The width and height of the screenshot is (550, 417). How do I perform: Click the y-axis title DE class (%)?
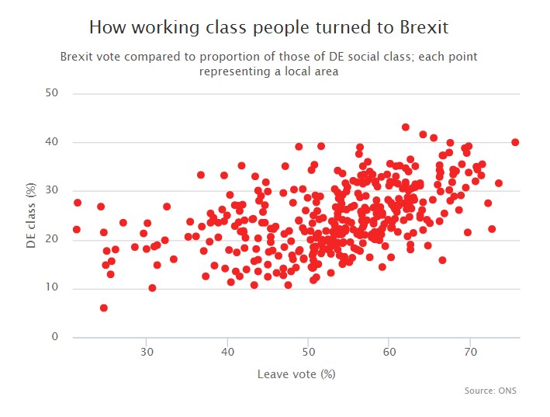[x=33, y=216]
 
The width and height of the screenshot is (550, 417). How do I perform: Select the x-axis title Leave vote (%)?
[x=296, y=374]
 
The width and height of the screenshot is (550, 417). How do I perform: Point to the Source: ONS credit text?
[x=490, y=391]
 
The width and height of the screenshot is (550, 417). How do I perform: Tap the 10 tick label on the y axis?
[x=54, y=289]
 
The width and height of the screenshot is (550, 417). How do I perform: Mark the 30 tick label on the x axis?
[x=147, y=353]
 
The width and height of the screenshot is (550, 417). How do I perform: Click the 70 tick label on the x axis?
[x=469, y=353]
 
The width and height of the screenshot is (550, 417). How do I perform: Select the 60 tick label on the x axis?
[x=389, y=353]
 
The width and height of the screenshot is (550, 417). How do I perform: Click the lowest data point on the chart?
[x=104, y=308]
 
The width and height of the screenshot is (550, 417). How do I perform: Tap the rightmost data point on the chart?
[x=515, y=142]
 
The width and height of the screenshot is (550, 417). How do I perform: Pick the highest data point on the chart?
[x=406, y=127]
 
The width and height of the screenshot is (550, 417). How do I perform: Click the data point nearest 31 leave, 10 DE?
[x=152, y=288]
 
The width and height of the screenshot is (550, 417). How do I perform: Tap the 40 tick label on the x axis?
[x=227, y=353]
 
